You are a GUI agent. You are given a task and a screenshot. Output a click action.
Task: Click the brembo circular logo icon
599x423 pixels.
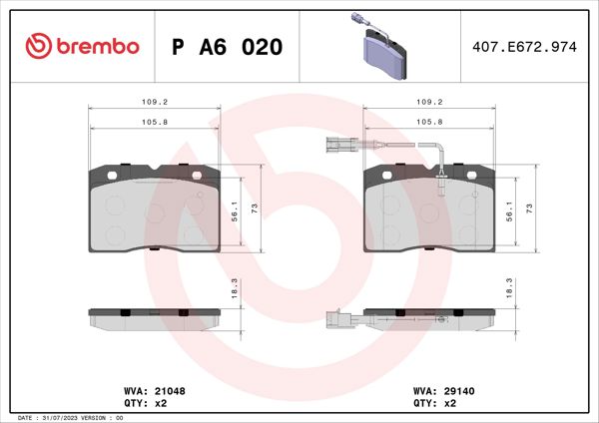pos(38,47)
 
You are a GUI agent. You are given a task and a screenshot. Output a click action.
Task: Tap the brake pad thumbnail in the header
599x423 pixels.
pos(380,46)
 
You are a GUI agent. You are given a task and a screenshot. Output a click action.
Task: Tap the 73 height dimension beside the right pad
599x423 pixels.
pos(530,208)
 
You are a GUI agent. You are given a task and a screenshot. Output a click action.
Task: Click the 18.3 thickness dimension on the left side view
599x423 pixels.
pos(234,286)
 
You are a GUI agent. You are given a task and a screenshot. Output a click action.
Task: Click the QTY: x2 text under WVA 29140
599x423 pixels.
pos(434,403)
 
